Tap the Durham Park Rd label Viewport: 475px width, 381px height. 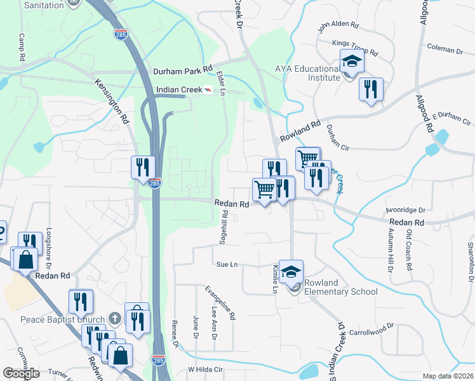pyautogui.click(x=182, y=72)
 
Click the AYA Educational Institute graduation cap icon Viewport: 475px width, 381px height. pyautogui.click(x=351, y=62)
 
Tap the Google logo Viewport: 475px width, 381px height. pyautogui.click(x=21, y=373)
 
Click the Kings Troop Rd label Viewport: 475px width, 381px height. pyautogui.click(x=354, y=50)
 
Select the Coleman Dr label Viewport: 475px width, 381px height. pyautogui.click(x=445, y=49)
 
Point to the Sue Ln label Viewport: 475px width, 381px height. pyautogui.click(x=227, y=264)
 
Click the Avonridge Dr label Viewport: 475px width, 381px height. pyautogui.click(x=405, y=210)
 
